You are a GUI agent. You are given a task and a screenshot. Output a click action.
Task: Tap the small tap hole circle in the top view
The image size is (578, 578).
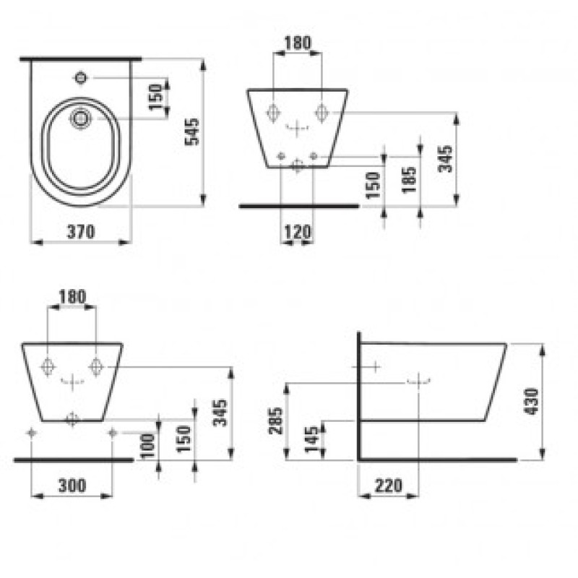[x=82, y=76]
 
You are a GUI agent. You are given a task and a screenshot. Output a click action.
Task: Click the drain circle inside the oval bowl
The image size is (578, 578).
[x=82, y=117]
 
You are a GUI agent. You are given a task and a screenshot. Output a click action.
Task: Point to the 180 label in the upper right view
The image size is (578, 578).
[x=297, y=43]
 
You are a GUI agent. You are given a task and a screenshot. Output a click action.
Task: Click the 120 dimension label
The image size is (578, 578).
[x=297, y=232]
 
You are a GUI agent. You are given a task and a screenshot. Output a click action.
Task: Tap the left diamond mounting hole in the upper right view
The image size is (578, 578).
[x=273, y=113]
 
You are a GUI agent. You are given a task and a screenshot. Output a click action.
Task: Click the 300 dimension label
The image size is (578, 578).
[x=71, y=486]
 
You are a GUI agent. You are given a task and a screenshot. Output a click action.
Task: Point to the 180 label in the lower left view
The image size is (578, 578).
[x=72, y=296]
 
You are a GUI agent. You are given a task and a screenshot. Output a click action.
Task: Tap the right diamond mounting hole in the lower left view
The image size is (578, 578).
[x=95, y=366]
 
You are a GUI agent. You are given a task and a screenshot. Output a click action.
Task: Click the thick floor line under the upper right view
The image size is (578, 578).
[x=298, y=206]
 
